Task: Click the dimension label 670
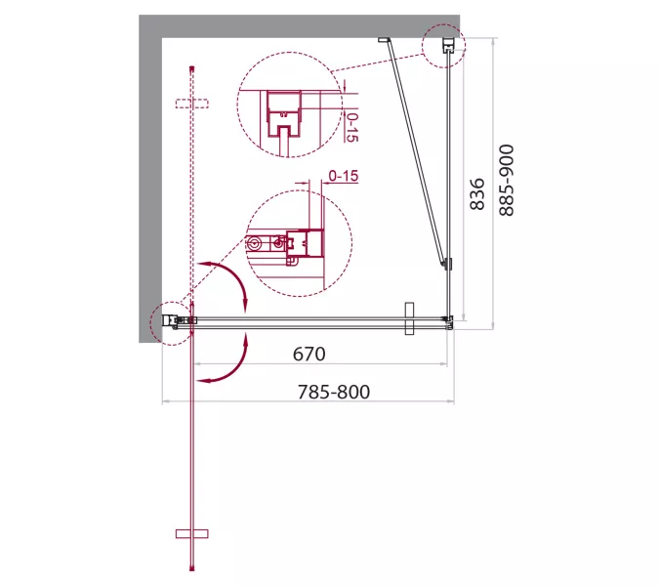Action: (309, 354)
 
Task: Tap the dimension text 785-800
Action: (334, 392)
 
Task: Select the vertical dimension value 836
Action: (477, 193)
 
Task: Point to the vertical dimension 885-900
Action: (507, 181)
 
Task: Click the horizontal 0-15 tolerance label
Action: (344, 175)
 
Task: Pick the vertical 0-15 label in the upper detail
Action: (351, 127)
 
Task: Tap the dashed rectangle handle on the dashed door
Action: (192, 104)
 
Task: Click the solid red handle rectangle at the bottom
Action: (192, 534)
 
